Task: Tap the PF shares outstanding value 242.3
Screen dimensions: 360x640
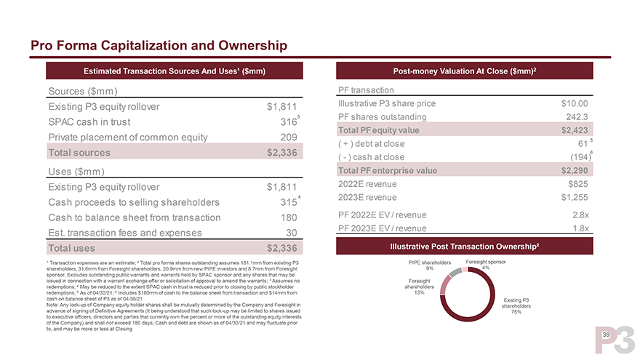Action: [x=576, y=117]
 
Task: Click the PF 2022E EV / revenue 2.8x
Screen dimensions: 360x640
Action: [x=580, y=215]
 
